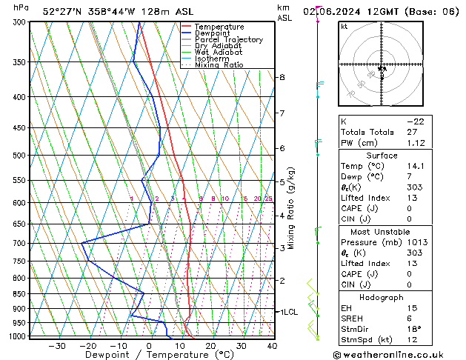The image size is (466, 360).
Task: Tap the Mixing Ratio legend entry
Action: (219, 65)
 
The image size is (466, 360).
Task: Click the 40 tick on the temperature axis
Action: (272, 346)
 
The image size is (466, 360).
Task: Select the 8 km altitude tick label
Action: (282, 77)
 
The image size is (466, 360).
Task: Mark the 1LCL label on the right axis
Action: (287, 312)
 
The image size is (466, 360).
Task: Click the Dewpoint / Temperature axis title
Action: (150, 355)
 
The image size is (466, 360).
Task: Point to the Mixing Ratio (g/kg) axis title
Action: (292, 208)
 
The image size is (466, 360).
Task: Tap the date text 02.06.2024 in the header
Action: (344, 10)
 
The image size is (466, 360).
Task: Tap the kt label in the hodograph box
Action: (344, 27)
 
